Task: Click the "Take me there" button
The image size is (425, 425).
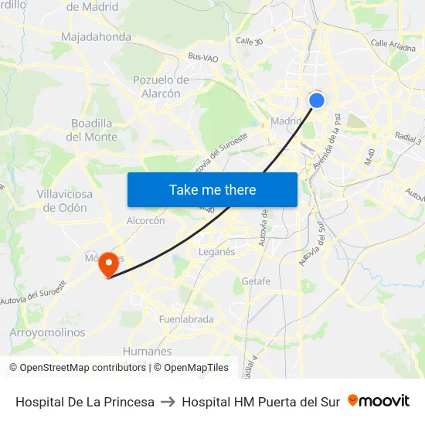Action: tap(212, 189)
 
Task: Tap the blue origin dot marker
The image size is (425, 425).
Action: tap(317, 100)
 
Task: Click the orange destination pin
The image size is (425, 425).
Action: tap(108, 264)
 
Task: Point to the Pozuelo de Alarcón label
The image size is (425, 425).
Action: tap(161, 87)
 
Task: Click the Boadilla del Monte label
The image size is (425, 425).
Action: tap(92, 130)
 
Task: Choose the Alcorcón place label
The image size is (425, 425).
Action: tap(146, 220)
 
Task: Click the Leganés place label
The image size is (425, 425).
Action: tap(216, 252)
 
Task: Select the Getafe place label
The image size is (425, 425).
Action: tap(257, 281)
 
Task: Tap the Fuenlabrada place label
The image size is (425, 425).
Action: tap(185, 319)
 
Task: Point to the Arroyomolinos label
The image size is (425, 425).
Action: tap(48, 332)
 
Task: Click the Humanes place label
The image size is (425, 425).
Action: tap(147, 352)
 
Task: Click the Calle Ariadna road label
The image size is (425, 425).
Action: tap(393, 45)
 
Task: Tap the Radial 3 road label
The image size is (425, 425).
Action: tap(407, 138)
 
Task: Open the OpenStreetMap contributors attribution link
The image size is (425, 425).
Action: tap(83, 368)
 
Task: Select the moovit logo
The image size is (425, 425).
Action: tap(379, 400)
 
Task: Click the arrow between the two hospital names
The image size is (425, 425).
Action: tap(168, 402)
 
